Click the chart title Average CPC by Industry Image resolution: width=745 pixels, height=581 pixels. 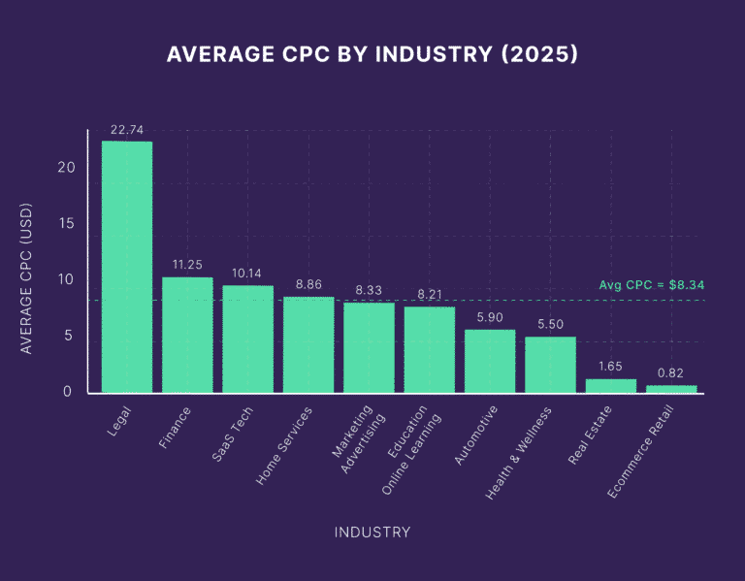tap(372, 54)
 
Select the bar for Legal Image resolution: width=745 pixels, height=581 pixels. tap(127, 267)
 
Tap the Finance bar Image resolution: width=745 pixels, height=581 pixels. tap(187, 335)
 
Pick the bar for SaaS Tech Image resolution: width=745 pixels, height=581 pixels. tap(247, 339)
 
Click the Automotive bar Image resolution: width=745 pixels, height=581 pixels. tap(490, 361)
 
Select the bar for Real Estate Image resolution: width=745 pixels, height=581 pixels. tap(611, 385)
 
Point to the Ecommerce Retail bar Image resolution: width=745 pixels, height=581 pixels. tap(671, 388)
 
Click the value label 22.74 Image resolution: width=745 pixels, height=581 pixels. tap(127, 129)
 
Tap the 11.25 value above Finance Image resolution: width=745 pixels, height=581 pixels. tap(187, 265)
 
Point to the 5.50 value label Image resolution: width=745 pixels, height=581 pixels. tap(550, 324)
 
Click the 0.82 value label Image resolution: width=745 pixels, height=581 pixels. tap(671, 372)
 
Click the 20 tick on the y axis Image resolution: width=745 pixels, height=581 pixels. tap(65, 167)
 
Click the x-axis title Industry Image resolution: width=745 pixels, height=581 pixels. tap(372, 532)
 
